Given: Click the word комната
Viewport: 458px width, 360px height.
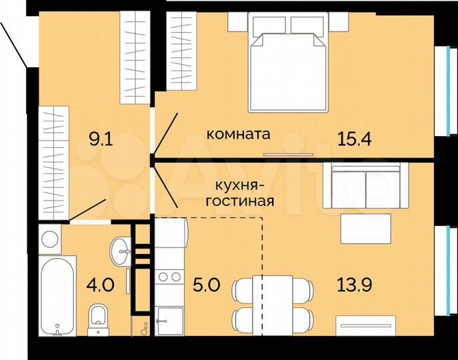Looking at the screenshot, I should point(238,134).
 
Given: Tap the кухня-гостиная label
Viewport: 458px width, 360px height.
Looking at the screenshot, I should point(243,192).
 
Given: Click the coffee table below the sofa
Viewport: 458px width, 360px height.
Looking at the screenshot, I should point(365,229).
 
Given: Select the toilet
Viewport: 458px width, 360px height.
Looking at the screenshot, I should point(99,319).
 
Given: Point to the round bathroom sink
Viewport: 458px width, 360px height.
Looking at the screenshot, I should point(121,249).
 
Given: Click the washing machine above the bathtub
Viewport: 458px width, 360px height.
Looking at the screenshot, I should point(51,238).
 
